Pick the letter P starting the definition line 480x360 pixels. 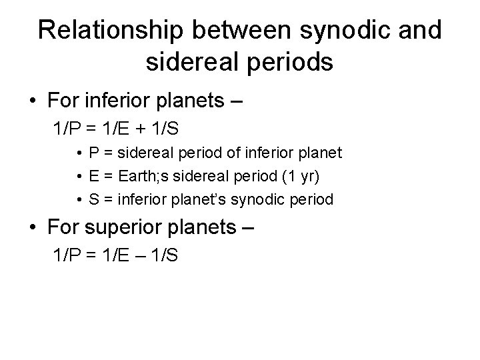point(93,153)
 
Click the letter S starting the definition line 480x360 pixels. point(93,199)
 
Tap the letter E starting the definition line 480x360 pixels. point(93,176)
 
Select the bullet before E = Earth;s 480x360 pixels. point(79,176)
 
